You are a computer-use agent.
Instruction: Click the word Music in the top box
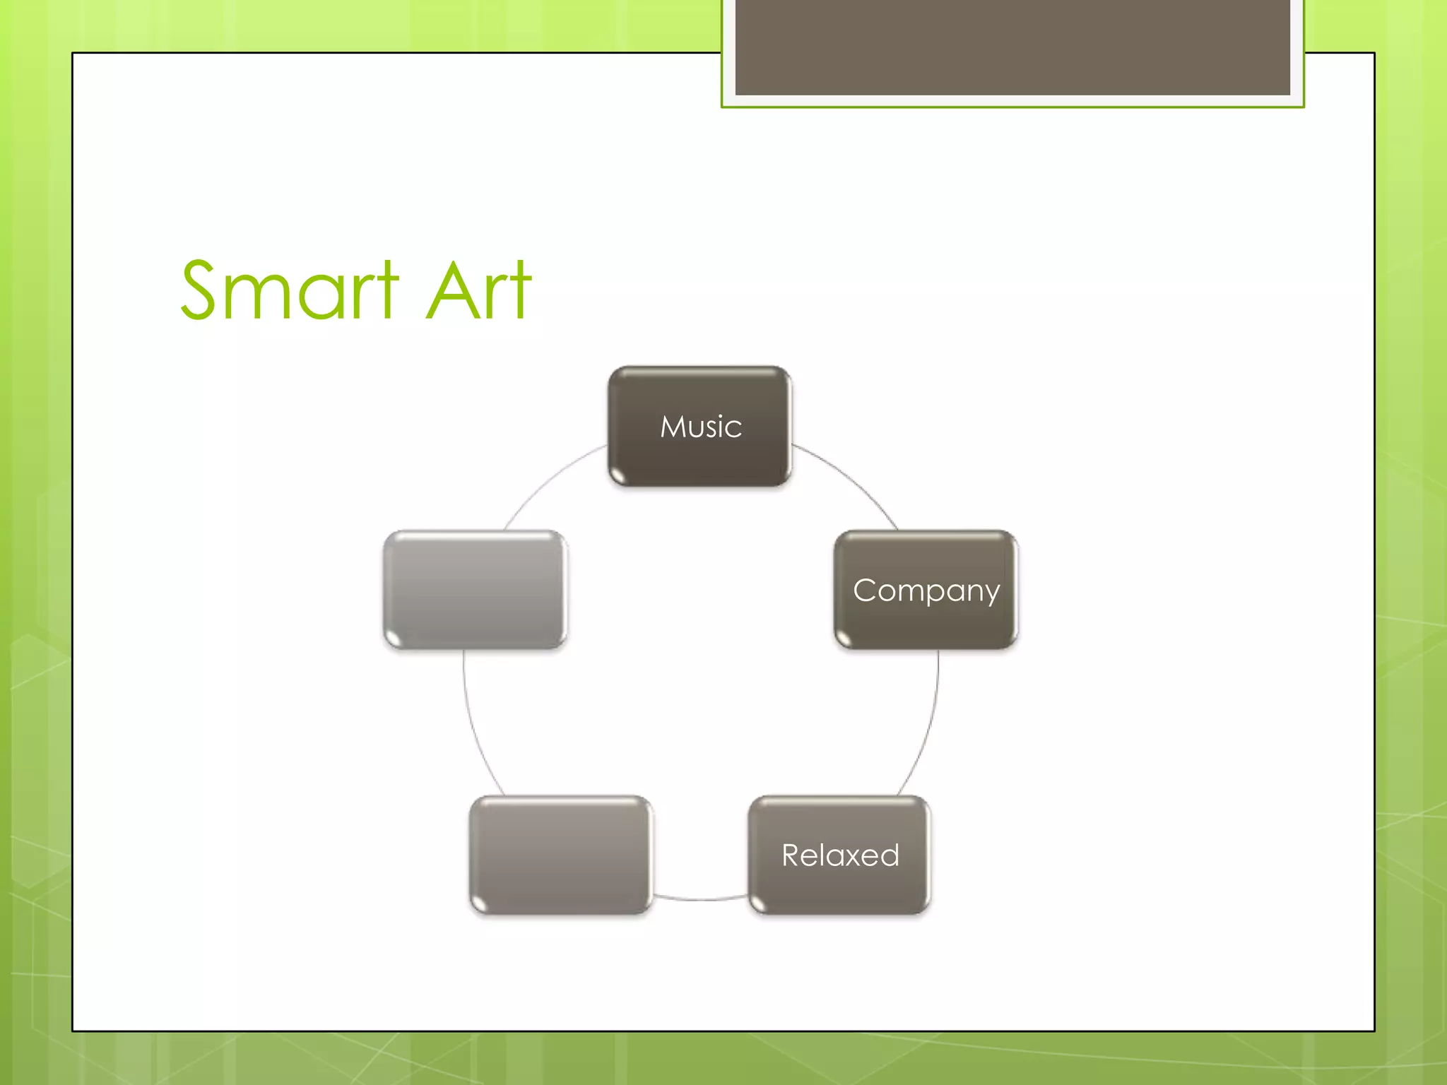point(701,427)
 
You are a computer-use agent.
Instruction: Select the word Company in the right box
point(926,590)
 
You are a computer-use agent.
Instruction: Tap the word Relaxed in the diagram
point(840,855)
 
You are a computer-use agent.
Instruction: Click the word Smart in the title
point(290,290)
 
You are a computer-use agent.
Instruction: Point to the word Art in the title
point(478,290)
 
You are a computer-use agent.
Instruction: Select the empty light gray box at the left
point(475,590)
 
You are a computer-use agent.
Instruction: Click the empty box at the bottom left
point(560,855)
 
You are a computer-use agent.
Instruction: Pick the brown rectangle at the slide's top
point(1012,47)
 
